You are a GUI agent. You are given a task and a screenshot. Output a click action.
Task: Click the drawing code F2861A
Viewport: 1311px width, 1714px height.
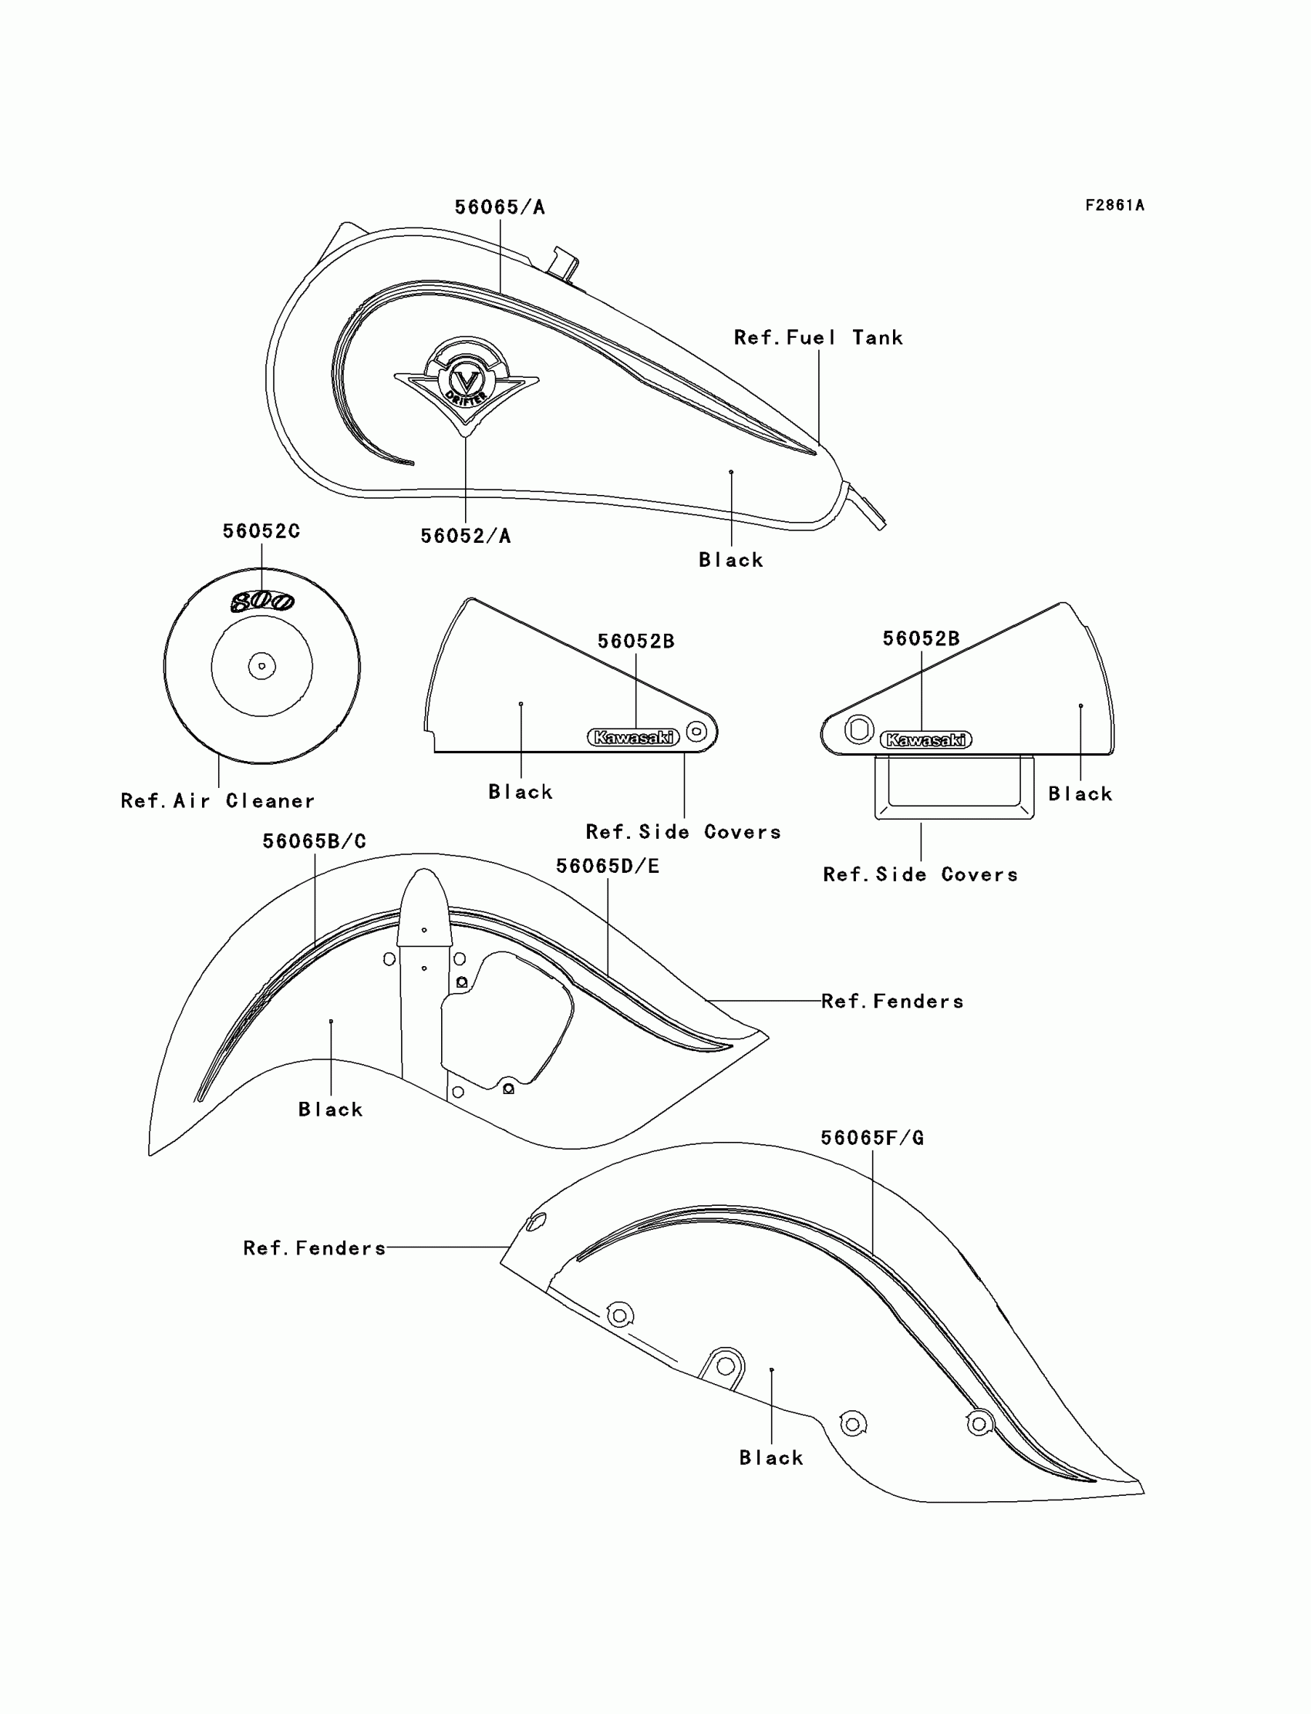coord(1114,205)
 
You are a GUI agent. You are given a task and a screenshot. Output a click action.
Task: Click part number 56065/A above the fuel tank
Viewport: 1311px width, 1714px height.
coord(500,207)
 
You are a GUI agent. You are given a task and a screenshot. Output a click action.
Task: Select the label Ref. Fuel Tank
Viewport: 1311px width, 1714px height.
coord(817,338)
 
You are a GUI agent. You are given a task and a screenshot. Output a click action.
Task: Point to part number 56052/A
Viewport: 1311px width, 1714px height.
coord(465,536)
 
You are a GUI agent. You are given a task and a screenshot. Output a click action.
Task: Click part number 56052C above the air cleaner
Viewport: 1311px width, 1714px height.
coord(261,531)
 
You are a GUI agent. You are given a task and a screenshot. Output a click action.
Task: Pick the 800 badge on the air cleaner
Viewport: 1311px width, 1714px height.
coord(262,601)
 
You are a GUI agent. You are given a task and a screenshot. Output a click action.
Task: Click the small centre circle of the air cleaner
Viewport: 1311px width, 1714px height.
coord(261,666)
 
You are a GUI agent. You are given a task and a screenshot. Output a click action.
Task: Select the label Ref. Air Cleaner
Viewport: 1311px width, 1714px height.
coord(217,801)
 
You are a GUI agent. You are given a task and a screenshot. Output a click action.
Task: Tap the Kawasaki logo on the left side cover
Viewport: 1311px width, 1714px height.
coord(633,737)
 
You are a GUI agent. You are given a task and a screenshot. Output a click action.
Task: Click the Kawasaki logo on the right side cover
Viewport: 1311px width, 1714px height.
coord(925,739)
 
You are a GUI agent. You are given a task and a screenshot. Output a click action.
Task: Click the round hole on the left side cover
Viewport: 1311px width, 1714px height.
coord(697,731)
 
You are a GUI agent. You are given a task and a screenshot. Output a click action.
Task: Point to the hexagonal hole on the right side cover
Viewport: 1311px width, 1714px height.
coord(859,729)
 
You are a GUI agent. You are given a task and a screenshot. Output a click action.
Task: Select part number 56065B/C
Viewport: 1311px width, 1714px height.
coord(314,842)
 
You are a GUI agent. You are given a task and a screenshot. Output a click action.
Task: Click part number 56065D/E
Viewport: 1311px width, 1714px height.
coord(607,866)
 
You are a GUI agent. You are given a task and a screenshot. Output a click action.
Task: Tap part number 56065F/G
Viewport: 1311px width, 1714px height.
coord(871,1138)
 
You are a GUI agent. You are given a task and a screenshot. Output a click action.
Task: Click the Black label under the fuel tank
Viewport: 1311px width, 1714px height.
coord(730,560)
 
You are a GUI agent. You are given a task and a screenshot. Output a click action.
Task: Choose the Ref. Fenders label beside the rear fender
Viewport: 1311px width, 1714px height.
coord(315,1248)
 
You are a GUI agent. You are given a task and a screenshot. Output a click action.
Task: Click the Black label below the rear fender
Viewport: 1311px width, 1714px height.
coord(771,1458)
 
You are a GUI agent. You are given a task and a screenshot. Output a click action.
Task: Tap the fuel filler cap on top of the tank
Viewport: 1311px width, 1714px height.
coord(564,263)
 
